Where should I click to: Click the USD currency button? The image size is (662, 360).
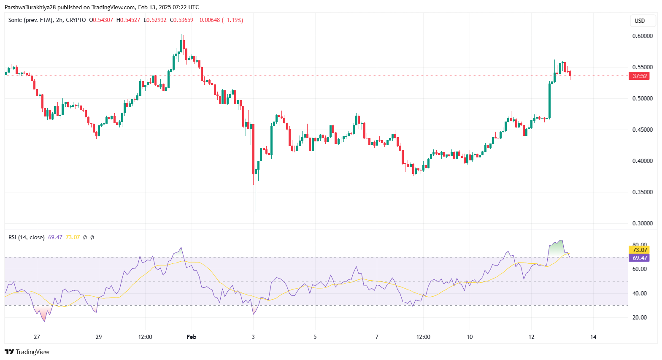tap(640, 21)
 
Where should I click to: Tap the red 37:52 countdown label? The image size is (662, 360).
tap(640, 76)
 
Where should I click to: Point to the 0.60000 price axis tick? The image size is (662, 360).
tap(642, 36)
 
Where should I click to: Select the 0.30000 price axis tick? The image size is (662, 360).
tap(642, 223)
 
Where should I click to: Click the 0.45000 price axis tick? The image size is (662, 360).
tap(642, 130)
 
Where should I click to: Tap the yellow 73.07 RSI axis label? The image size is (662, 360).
tap(640, 250)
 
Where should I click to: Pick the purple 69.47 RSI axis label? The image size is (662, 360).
tap(640, 258)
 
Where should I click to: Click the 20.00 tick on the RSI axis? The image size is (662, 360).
tap(640, 317)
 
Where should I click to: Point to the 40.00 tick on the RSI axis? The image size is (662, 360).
tap(640, 293)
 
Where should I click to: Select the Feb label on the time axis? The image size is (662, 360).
tap(192, 337)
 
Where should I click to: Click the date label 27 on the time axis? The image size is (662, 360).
tap(37, 337)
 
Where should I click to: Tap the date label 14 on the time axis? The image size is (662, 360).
tap(593, 337)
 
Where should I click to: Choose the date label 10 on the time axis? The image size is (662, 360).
tap(470, 337)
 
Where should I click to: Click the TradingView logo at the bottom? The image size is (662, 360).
tap(27, 352)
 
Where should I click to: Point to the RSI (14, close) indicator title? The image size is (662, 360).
tap(26, 237)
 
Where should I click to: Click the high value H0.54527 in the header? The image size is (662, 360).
tap(128, 20)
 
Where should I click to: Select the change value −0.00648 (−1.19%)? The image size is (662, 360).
tap(220, 20)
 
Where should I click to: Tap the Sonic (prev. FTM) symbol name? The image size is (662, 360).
tap(30, 20)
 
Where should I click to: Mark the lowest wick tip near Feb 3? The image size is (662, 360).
tap(256, 211)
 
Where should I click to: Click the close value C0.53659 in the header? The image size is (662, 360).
tap(181, 20)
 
